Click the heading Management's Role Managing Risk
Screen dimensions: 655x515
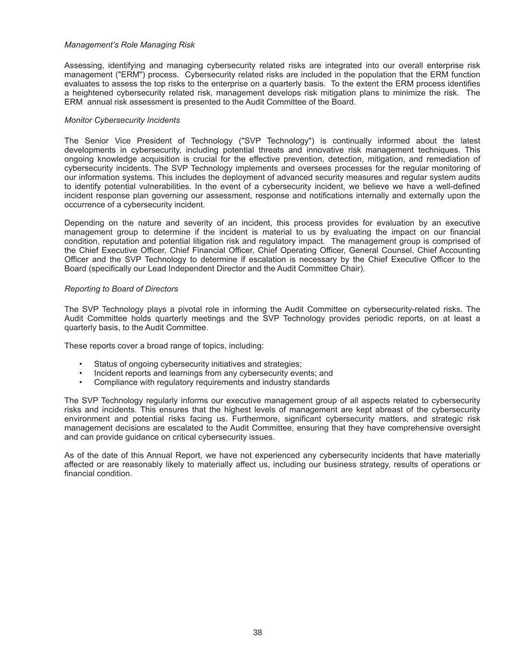[x=129, y=45]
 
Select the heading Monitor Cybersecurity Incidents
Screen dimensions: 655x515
[x=122, y=120]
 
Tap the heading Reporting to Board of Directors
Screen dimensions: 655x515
[x=121, y=289]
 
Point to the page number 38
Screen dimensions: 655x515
[x=257, y=632]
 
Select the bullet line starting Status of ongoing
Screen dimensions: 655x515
[x=198, y=364]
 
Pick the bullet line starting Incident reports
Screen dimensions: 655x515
[x=213, y=373]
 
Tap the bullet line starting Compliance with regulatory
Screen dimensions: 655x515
[x=212, y=382]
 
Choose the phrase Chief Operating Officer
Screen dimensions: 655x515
[x=301, y=250]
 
